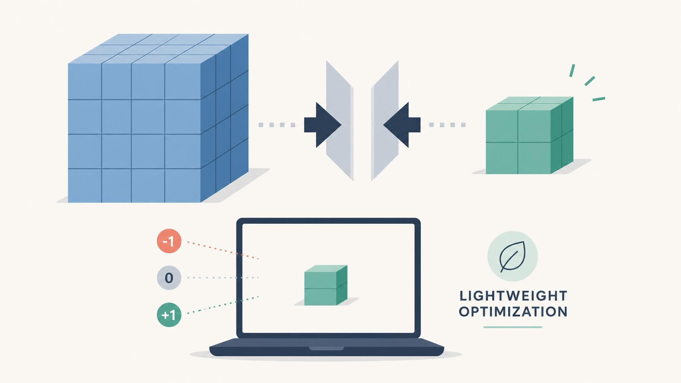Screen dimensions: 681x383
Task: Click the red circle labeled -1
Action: [x=169, y=241]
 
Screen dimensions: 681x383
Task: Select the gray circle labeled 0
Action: [x=169, y=278]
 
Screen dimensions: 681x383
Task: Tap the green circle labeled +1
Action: [x=169, y=315]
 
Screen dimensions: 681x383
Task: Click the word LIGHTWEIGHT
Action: [x=513, y=296]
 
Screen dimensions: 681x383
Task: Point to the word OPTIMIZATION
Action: [x=513, y=312]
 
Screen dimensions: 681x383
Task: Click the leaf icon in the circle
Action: [x=512, y=256]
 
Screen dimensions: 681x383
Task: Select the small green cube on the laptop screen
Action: [x=326, y=285]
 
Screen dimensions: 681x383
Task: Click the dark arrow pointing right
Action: [x=323, y=125]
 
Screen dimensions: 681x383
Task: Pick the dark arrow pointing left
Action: [x=402, y=125]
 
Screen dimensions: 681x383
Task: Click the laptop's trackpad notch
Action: [x=326, y=348]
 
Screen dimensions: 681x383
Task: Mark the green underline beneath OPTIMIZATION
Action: [x=513, y=327]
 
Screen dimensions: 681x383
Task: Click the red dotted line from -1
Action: [x=223, y=250]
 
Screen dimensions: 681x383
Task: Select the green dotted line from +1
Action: [x=223, y=305]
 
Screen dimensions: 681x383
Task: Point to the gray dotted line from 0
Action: [x=223, y=278]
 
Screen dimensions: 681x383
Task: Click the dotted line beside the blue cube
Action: [x=277, y=125]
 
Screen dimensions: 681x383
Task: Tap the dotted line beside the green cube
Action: [x=447, y=125]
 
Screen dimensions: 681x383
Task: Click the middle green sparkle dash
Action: [x=590, y=81]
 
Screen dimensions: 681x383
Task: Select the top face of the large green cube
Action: [x=530, y=104]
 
